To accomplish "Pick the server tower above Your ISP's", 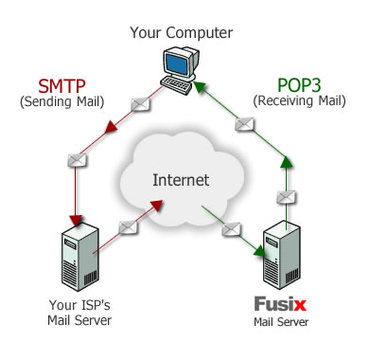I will tap(79, 257).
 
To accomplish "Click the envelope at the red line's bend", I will tap(76, 161).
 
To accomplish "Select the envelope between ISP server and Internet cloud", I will tap(128, 228).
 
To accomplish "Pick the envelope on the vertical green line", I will tap(281, 196).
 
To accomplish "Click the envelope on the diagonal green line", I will tap(246, 123).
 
